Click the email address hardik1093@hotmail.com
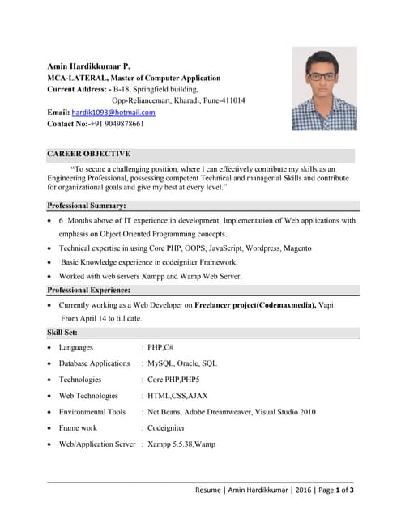tap(113, 113)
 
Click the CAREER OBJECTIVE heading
tap(88, 154)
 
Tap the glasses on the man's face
tap(323, 76)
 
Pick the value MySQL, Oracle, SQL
tap(182, 363)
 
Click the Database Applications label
tap(94, 363)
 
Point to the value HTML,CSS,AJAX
tap(177, 396)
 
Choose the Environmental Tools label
tap(92, 412)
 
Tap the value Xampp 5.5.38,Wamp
tap(181, 444)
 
